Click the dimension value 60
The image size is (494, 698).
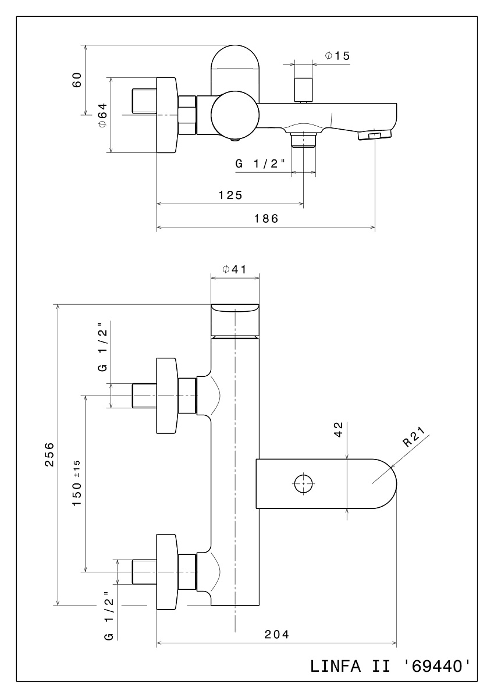click(x=77, y=80)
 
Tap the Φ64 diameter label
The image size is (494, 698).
click(x=102, y=115)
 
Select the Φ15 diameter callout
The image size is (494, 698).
click(x=337, y=56)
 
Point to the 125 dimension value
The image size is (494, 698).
click(x=230, y=195)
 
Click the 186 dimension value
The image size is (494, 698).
click(x=266, y=219)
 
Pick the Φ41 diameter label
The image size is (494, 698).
click(x=234, y=269)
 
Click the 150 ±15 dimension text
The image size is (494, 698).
click(x=77, y=483)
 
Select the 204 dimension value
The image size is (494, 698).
click(x=277, y=635)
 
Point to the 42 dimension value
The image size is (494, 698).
click(x=339, y=430)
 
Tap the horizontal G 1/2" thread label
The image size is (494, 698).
click(x=260, y=163)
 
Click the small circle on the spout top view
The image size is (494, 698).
click(x=304, y=484)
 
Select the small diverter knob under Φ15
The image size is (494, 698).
click(x=303, y=90)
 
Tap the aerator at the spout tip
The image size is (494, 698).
click(x=375, y=136)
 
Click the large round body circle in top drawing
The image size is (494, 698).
click(x=235, y=115)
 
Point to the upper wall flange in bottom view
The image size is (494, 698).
click(x=168, y=396)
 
